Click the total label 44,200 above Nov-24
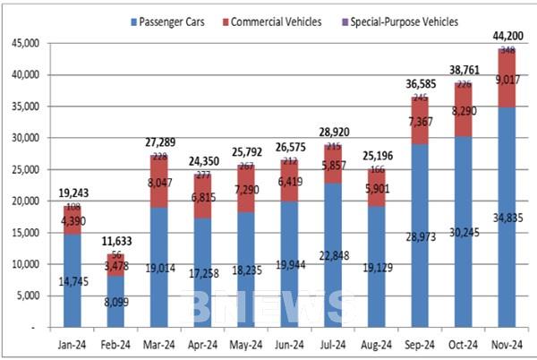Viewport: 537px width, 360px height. click(507, 35)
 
